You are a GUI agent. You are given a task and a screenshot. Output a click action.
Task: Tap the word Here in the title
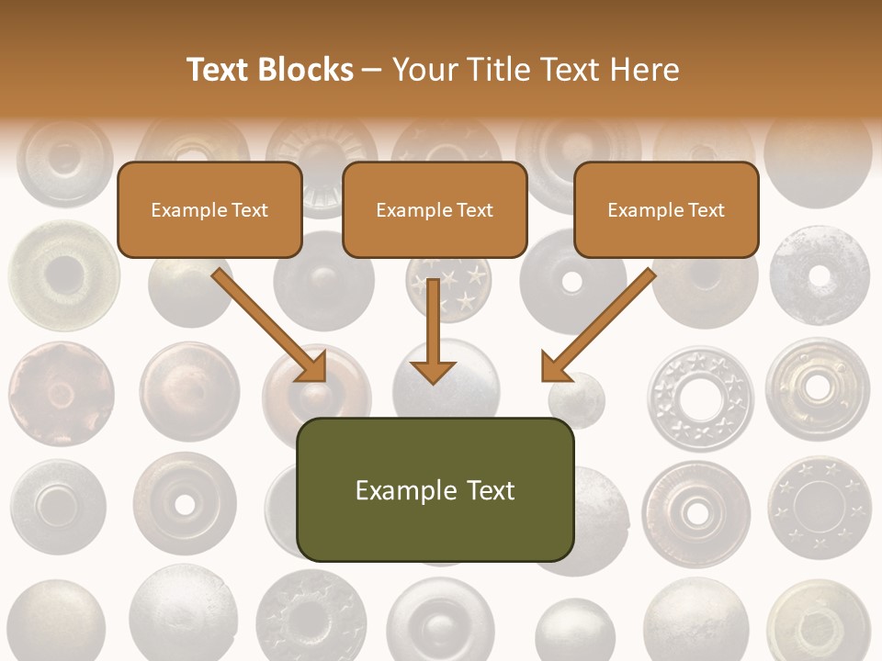645,70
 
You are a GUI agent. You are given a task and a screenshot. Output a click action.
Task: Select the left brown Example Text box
209,209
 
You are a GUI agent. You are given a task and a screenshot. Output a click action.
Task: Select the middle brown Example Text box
435,209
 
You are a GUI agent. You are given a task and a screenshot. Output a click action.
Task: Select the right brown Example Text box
666,209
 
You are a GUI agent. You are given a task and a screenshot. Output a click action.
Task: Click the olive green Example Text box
435,489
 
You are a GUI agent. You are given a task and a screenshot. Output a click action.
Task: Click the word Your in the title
422,70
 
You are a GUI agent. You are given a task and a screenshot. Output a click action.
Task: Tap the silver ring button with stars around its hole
700,398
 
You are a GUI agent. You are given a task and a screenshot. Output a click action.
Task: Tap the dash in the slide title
372,71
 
